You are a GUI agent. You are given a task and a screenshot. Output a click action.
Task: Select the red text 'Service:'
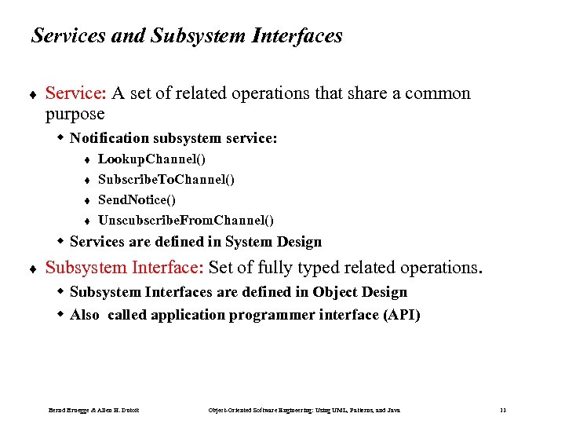[75, 93]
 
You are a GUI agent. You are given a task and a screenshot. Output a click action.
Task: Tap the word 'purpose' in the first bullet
[75, 114]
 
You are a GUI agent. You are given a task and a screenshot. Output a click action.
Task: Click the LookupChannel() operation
[151, 159]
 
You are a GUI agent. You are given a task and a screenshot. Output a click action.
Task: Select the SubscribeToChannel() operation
[166, 180]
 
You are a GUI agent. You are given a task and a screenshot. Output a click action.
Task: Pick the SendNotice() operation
[137, 200]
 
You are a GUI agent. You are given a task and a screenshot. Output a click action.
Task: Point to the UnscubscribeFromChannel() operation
[185, 221]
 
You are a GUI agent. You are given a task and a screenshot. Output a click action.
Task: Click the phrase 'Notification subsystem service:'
[173, 138]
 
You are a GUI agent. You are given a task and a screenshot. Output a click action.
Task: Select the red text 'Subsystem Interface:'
[125, 268]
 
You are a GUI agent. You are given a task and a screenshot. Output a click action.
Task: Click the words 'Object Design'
[359, 292]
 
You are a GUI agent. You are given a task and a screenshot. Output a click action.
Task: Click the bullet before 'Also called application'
[60, 316]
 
